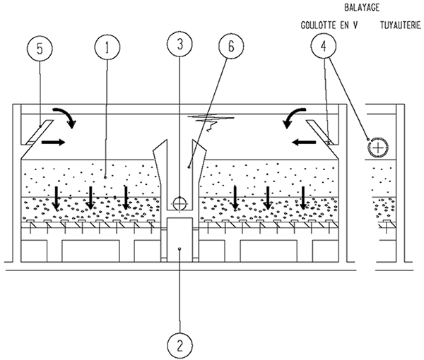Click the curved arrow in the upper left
point(69,117)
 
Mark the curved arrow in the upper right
point(292,117)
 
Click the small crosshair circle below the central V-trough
point(180,203)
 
